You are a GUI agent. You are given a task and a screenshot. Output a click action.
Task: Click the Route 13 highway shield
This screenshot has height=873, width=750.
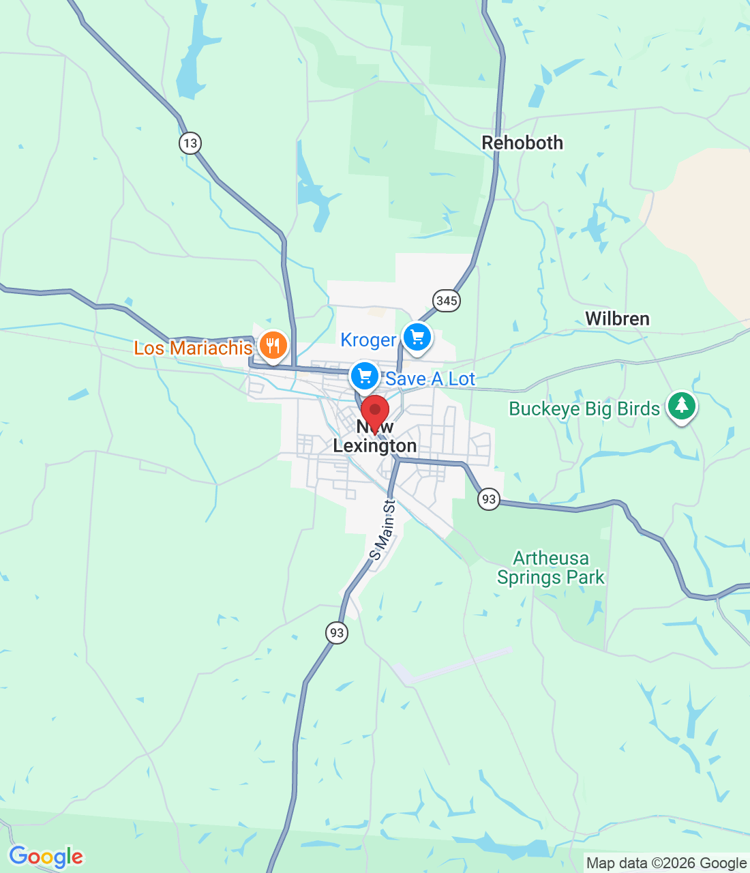coord(190,143)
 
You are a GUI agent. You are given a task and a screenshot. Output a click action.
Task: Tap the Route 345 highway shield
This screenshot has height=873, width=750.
coord(447,300)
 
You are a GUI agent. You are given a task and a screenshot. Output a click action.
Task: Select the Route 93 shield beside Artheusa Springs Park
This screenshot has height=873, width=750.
coord(489,499)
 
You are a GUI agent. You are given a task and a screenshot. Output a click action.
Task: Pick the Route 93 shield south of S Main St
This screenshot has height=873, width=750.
coord(337,633)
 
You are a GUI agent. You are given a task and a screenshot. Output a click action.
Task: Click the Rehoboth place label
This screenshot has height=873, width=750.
coord(522,143)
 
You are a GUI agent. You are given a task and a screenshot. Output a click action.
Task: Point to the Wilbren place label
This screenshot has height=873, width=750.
coord(617,319)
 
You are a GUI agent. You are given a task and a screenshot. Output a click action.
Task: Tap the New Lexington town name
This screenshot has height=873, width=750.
coord(375,436)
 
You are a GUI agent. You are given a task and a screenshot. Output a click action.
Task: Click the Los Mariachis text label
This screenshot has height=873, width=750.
coord(193,348)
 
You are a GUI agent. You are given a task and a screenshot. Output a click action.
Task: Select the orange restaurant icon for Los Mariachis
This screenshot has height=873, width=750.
coord(273,345)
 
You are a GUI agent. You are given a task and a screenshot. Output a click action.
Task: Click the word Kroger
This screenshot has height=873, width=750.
coord(368,340)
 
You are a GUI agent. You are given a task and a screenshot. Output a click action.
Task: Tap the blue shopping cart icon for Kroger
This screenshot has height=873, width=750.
coord(417,337)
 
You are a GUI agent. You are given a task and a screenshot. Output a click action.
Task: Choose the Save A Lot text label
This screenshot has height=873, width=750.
coord(430,379)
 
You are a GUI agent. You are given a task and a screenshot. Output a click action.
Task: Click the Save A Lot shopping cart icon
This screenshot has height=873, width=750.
coord(365,375)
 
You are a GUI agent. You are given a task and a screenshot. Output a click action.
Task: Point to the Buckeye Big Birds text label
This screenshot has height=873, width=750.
coord(584,409)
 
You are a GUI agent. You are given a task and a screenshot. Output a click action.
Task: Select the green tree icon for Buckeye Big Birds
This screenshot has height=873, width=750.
coord(681,406)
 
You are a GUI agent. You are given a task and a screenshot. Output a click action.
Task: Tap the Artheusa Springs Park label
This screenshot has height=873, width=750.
coord(550,568)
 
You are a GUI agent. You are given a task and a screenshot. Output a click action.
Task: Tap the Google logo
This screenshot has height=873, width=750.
coord(46,857)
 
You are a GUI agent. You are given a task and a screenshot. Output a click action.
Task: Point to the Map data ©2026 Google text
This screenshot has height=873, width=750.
coord(666,863)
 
